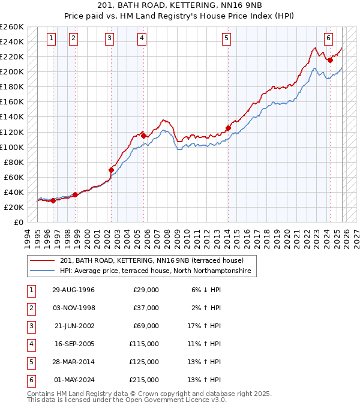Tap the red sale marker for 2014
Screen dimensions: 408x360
(x=228, y=128)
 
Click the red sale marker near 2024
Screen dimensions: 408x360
(x=330, y=60)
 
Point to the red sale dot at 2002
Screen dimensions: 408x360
(x=112, y=170)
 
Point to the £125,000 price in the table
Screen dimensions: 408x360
(x=144, y=362)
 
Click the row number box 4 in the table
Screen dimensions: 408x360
(x=30, y=344)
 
